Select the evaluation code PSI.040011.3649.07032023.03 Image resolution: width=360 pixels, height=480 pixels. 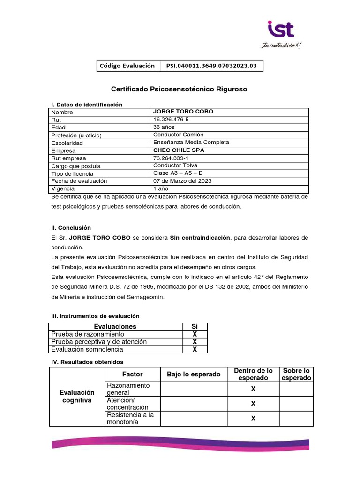(211, 66)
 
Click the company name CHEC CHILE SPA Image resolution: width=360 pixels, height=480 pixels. (179, 150)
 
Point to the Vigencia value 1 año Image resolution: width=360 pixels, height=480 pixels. (160, 189)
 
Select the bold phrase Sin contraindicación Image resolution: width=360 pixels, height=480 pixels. (200, 238)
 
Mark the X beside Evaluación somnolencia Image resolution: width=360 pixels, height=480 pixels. (195, 349)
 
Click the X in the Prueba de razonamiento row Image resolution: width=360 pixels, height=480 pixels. (195, 334)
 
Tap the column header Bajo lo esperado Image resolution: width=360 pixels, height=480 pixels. (194, 374)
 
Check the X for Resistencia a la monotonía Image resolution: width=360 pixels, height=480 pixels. (253, 419)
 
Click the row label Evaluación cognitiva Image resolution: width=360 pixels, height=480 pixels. (77, 396)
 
